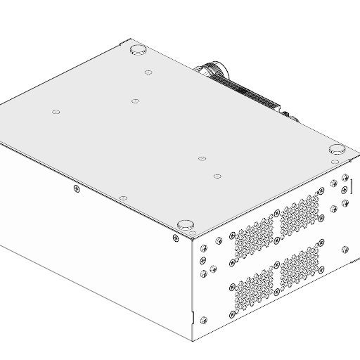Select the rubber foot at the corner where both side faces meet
[x=185, y=224]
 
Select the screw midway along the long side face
[x=77, y=188]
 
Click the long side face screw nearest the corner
[x=175, y=238]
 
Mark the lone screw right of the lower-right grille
[x=345, y=250]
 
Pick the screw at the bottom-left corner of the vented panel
[x=204, y=320]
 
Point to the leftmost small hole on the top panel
[x=56, y=112]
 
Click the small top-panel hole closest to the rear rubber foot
[x=148, y=72]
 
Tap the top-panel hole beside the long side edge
[x=123, y=199]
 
